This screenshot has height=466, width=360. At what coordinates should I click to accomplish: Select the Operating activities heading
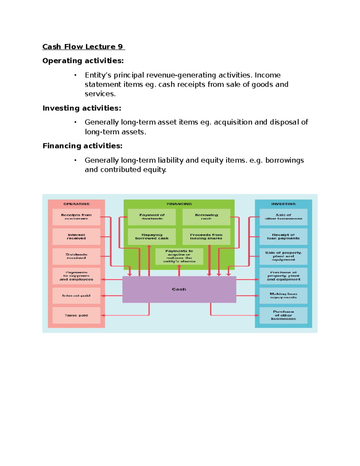[83, 61]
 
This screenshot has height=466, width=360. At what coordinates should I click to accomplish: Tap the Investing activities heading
[82, 108]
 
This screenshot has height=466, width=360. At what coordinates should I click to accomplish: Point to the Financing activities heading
[82, 146]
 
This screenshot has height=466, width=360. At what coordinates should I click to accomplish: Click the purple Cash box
[179, 289]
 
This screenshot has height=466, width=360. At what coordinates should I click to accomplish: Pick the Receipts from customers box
[76, 217]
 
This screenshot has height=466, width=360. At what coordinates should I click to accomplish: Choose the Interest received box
[76, 236]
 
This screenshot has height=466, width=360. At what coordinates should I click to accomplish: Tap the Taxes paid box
[76, 315]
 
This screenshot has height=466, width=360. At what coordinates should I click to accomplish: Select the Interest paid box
[76, 296]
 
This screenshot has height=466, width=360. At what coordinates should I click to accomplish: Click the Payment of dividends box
[152, 217]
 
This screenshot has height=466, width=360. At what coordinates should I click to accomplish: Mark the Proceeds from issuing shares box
[206, 236]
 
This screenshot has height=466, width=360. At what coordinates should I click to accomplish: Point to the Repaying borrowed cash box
[152, 236]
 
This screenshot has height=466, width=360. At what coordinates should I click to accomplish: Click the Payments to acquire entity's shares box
[179, 256]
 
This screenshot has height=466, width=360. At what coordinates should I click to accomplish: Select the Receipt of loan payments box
[283, 236]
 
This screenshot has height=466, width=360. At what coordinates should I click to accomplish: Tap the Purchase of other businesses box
[283, 315]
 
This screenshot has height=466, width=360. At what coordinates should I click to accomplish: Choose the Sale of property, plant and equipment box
[283, 256]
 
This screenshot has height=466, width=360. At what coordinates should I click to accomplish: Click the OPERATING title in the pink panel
[76, 204]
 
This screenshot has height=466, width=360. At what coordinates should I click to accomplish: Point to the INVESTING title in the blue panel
[283, 204]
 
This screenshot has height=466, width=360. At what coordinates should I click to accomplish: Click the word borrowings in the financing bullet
[284, 160]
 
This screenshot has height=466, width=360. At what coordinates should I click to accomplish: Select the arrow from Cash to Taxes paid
[126, 315]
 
